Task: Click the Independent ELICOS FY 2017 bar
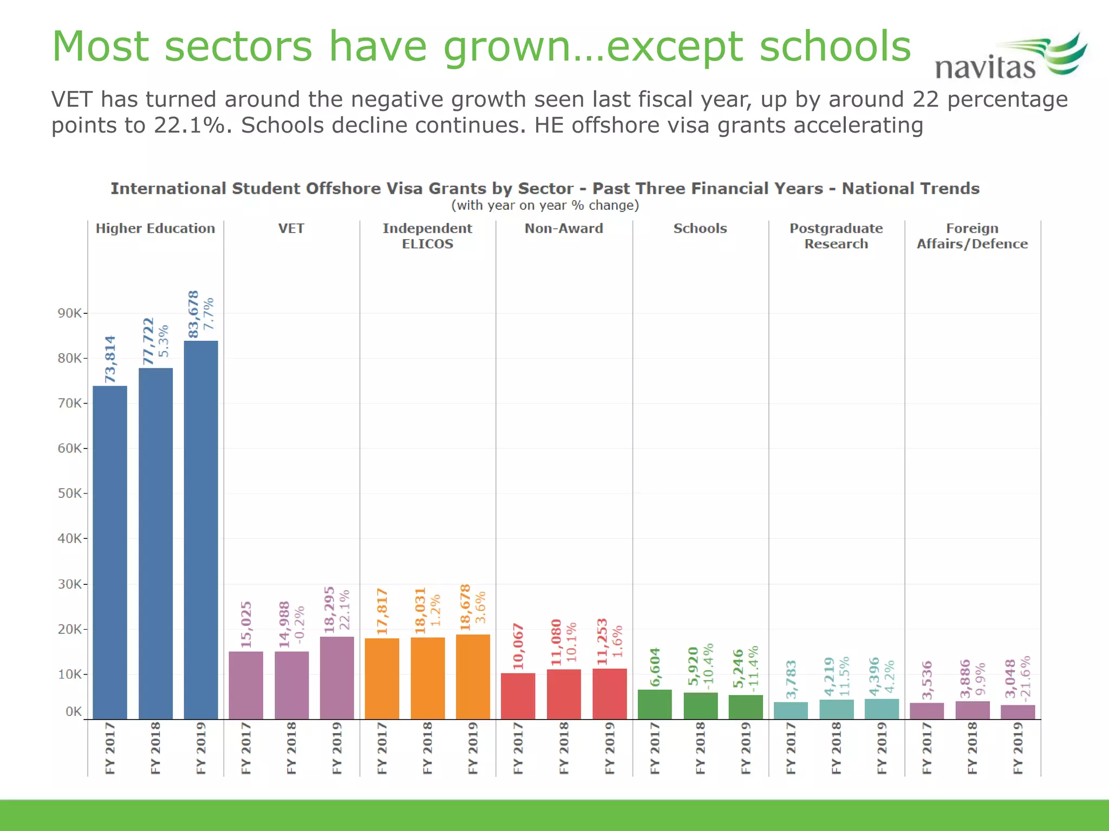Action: [382, 678]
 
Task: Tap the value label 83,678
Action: [193, 314]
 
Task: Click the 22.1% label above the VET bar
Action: [344, 610]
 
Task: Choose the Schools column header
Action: [700, 228]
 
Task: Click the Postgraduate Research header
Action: [836, 236]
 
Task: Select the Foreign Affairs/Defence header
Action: [972, 236]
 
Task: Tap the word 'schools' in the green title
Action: [835, 47]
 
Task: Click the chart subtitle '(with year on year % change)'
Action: [545, 206]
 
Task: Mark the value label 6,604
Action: [655, 667]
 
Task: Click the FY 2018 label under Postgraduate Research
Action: [836, 748]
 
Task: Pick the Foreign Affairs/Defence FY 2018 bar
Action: [972, 710]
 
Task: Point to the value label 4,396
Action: [874, 676]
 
